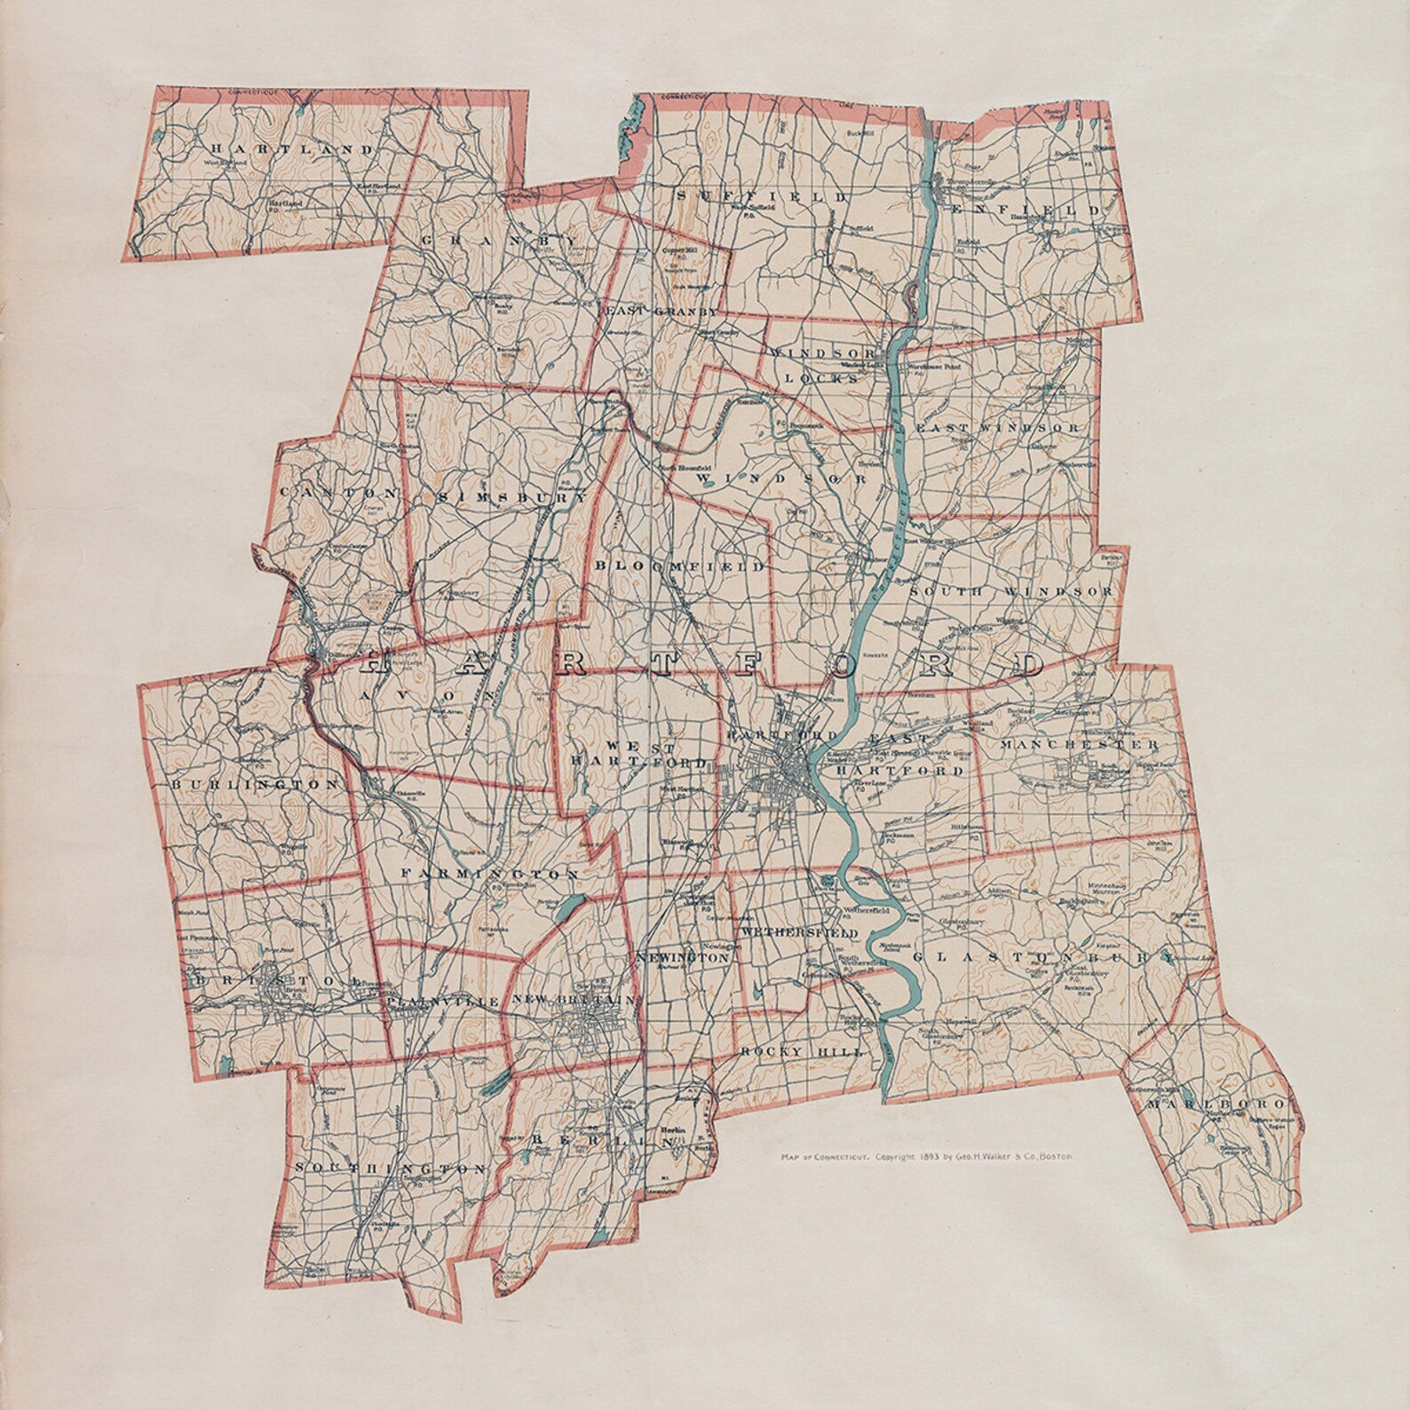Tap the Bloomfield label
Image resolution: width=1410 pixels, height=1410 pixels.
pos(679,566)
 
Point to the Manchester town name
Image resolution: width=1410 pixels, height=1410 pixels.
pos(1079,745)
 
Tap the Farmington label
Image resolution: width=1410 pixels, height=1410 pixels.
pos(490,875)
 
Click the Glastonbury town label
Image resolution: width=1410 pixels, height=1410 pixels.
pos(1043,957)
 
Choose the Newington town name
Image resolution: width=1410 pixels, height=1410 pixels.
pos(683,959)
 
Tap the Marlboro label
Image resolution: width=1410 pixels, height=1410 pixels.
pos(1214,1104)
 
